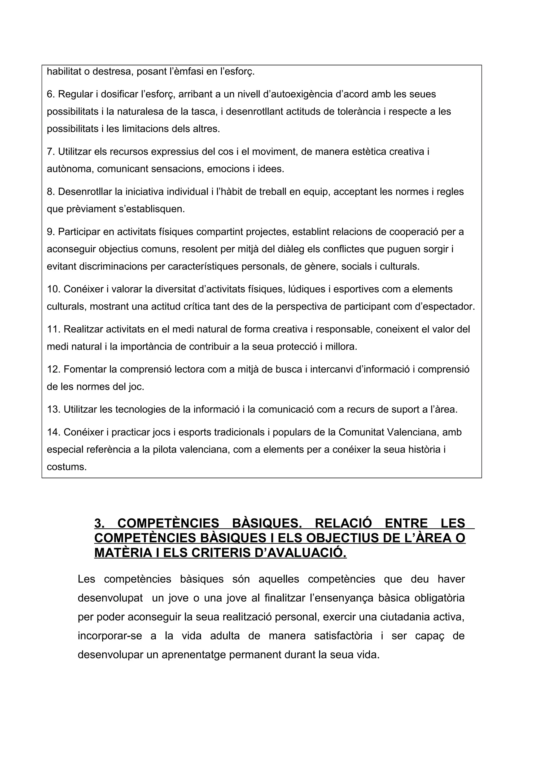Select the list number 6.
51,94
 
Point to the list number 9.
51,232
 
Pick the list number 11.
53,329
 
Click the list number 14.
53,432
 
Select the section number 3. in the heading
100,523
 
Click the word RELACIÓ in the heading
339,523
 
